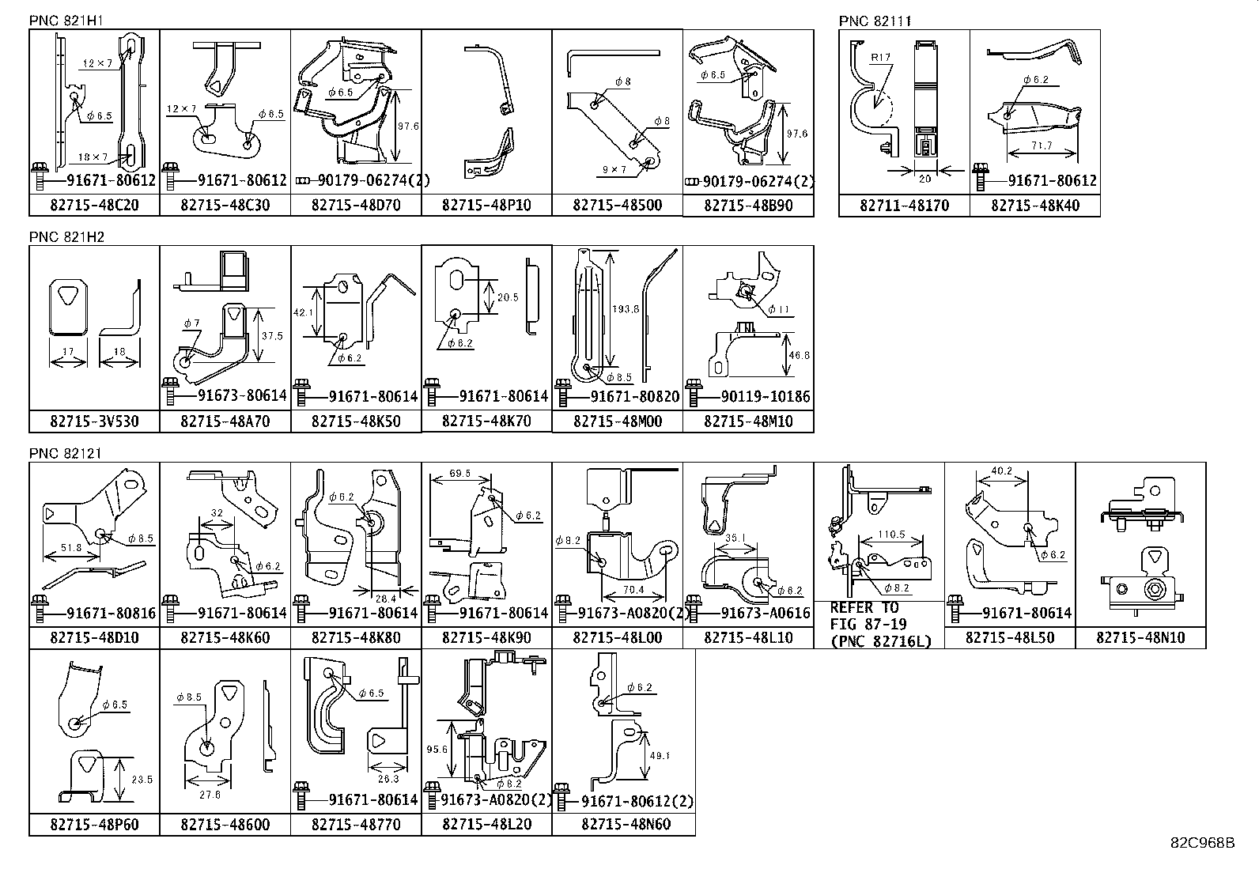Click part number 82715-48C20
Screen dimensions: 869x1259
point(94,206)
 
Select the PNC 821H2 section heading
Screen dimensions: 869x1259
point(67,236)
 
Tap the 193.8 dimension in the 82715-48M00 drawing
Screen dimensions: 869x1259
point(625,309)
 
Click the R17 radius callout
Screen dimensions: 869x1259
point(880,58)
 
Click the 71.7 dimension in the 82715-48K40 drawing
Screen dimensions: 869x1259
point(1042,145)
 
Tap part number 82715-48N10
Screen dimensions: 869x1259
point(1140,637)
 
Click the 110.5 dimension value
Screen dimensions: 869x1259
point(891,535)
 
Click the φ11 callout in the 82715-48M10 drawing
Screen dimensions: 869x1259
point(779,310)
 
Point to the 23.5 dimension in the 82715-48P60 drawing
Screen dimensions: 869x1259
point(142,780)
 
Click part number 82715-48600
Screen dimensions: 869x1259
point(225,825)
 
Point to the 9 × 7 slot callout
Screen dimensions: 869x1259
point(613,169)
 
